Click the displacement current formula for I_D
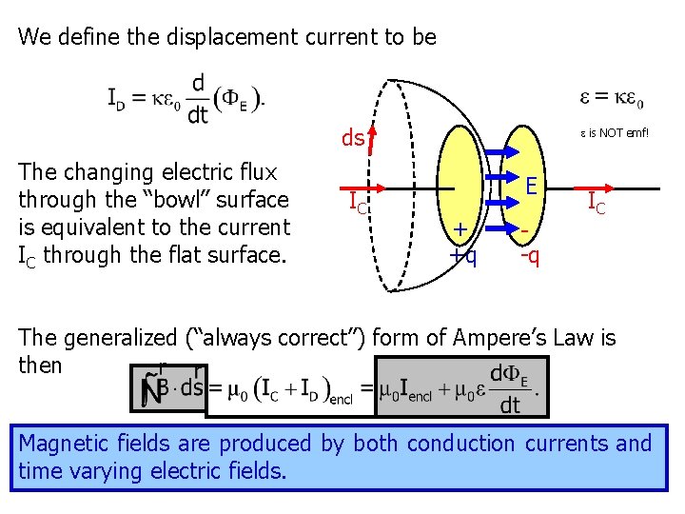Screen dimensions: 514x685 186,99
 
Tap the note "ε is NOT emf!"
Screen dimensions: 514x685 615,133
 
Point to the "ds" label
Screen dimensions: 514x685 352,139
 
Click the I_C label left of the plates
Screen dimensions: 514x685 359,202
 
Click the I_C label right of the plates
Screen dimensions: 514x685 597,202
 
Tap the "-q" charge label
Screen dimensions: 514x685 530,255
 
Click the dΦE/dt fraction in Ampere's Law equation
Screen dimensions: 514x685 510,388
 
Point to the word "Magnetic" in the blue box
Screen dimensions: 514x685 61,444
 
